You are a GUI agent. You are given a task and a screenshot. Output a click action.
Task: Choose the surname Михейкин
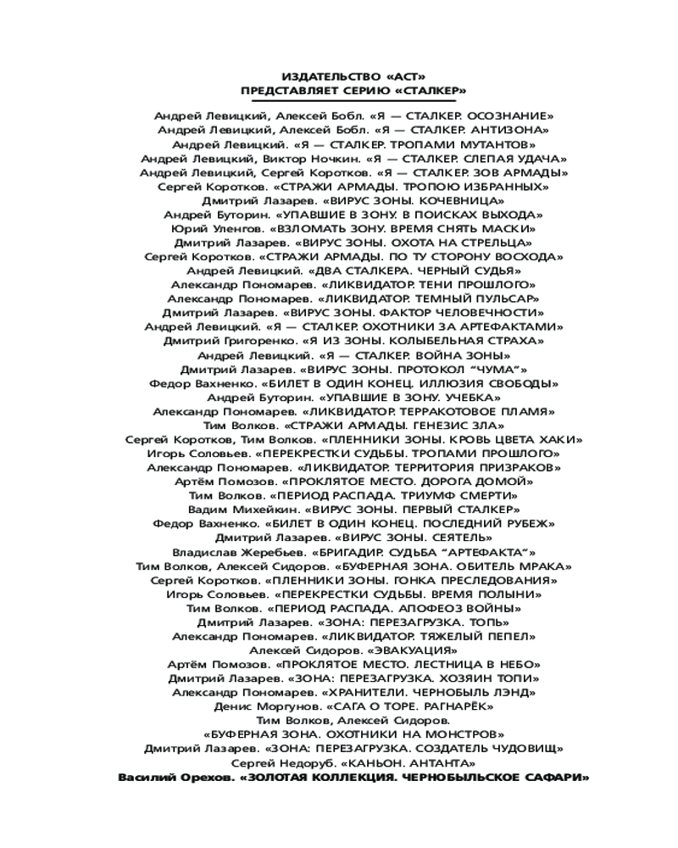[253, 509]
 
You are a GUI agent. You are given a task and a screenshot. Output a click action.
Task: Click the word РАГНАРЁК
[478, 706]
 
